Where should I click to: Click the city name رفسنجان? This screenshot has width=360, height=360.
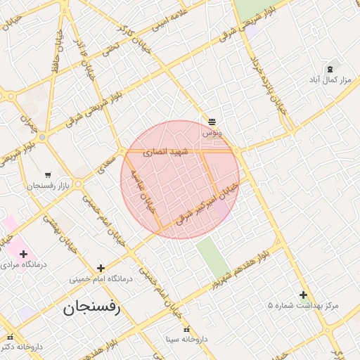pyautogui.click(x=91, y=307)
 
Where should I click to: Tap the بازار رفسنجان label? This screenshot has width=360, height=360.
pyautogui.click(x=46, y=186)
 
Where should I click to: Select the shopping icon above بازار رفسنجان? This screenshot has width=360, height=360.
pyautogui.click(x=47, y=175)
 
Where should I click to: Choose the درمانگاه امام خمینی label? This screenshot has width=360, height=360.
pyautogui.click(x=99, y=279)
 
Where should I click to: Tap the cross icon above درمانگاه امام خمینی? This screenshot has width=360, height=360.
pyautogui.click(x=101, y=268)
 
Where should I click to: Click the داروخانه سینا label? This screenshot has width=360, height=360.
pyautogui.click(x=186, y=340)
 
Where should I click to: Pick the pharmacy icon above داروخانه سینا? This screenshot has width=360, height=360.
pyautogui.click(x=186, y=330)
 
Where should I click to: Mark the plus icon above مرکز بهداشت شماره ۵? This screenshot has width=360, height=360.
pyautogui.click(x=303, y=295)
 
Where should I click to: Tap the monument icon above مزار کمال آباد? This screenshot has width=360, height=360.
pyautogui.click(x=330, y=69)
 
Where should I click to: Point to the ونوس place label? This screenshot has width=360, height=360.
pyautogui.click(x=212, y=132)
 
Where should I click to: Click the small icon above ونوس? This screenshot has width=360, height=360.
pyautogui.click(x=212, y=122)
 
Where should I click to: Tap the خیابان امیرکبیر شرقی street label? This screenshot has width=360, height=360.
pyautogui.click(x=207, y=205)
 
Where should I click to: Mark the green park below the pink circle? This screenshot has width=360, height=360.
pyautogui.click(x=212, y=257)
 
